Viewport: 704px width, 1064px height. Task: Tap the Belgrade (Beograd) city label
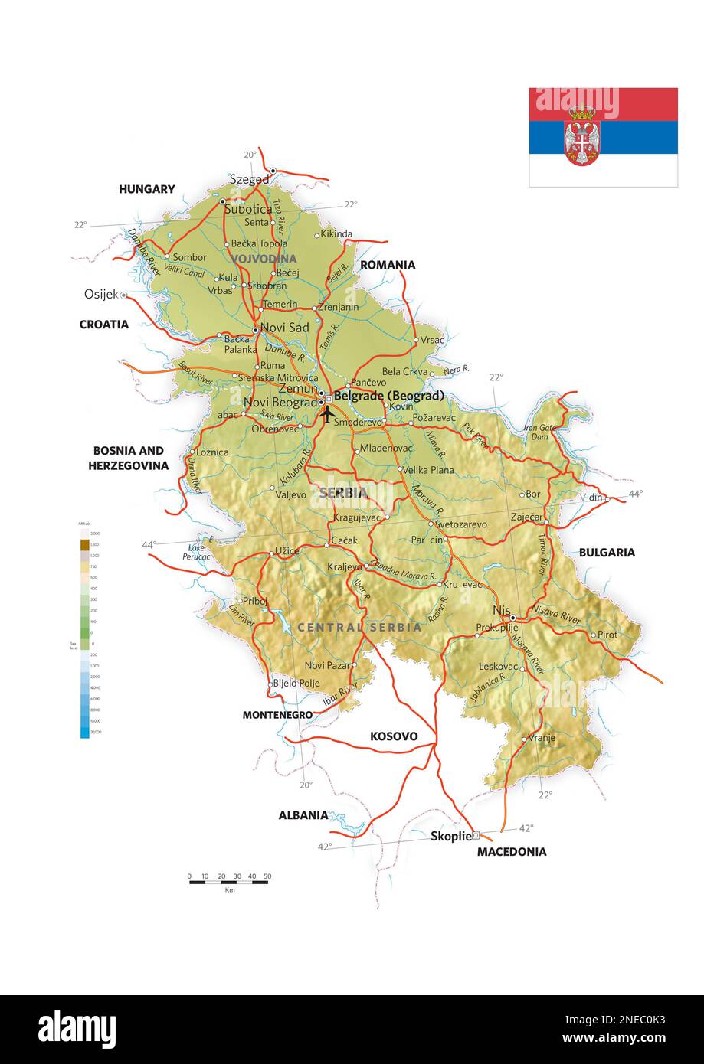click(388, 397)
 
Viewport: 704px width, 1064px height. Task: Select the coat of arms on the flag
click(582, 137)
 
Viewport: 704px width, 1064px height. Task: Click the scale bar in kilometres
click(229, 882)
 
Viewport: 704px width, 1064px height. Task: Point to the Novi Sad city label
click(284, 328)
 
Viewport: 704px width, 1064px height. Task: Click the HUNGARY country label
click(146, 189)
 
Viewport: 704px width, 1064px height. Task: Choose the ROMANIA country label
click(388, 265)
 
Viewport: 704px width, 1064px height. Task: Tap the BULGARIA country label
click(607, 552)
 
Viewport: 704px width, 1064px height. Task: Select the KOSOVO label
click(394, 736)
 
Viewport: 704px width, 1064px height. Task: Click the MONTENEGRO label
click(277, 715)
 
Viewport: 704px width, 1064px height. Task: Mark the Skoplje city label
click(450, 837)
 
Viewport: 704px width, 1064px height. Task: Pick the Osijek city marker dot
click(123, 295)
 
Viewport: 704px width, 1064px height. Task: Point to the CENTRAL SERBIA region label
click(359, 627)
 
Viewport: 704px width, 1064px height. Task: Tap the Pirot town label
click(607, 635)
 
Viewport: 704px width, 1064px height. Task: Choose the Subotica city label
click(248, 208)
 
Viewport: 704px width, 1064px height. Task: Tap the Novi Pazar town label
click(327, 665)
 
